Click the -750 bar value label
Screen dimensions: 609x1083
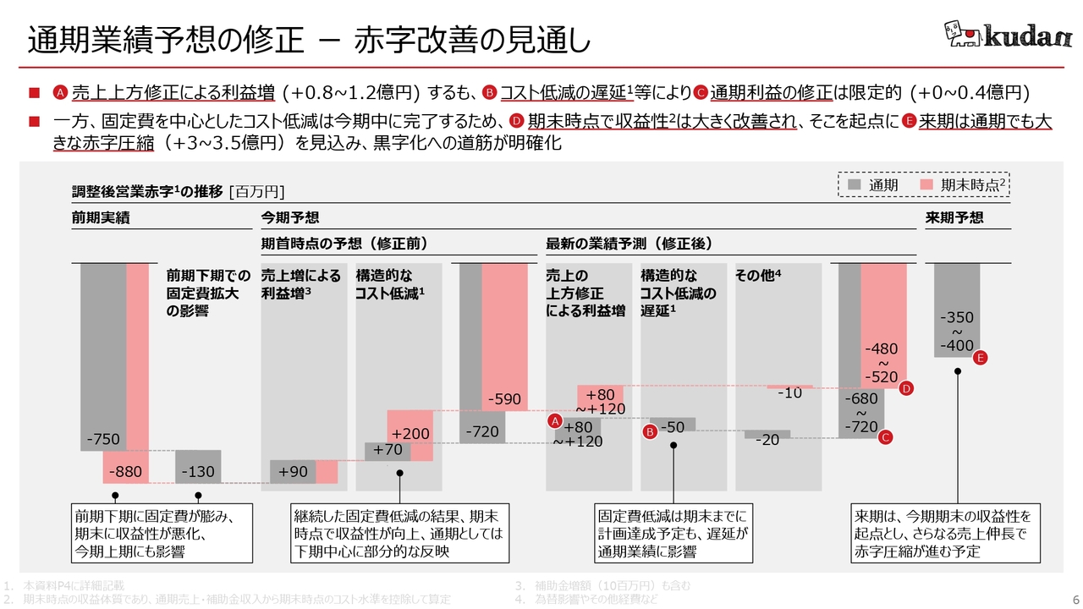click(x=102, y=439)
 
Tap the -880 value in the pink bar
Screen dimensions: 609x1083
click(x=125, y=472)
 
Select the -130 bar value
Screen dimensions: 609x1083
click(x=198, y=472)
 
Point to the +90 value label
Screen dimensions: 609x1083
click(x=294, y=472)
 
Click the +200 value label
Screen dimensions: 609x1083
click(x=410, y=434)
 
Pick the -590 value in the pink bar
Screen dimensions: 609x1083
click(x=505, y=399)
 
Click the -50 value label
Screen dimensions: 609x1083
click(x=672, y=428)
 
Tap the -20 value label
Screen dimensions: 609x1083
click(x=767, y=440)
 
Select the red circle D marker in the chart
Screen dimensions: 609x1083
click(x=905, y=389)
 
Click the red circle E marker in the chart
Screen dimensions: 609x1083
click(x=981, y=359)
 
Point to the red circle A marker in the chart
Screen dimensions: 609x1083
click(x=555, y=421)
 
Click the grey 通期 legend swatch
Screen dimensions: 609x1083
click(x=855, y=184)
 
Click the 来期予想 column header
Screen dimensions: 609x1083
click(x=954, y=217)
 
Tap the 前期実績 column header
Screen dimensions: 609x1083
click(x=101, y=217)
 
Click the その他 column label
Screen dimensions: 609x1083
click(x=758, y=276)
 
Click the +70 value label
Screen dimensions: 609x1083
click(x=387, y=450)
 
